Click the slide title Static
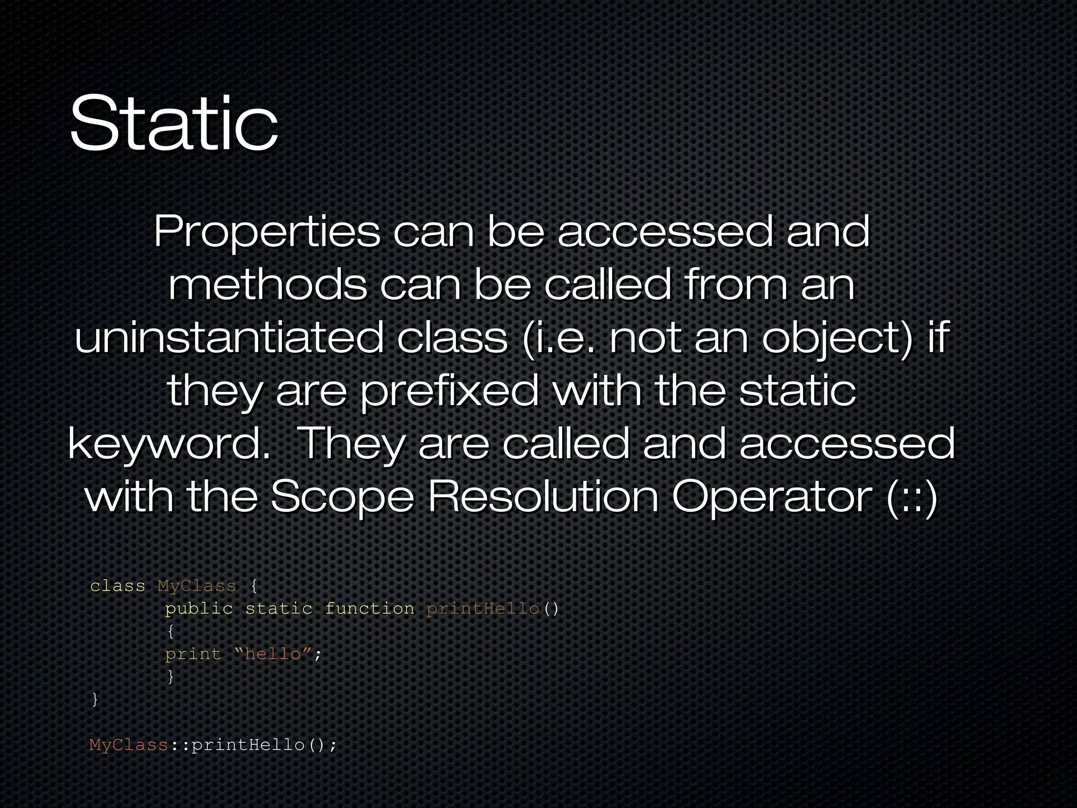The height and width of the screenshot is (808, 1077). click(174, 124)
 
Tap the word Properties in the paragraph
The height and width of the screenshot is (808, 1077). click(266, 233)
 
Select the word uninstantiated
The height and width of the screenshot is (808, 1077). click(229, 338)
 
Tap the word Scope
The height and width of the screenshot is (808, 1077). click(342, 497)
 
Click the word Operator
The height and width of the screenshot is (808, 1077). click(770, 497)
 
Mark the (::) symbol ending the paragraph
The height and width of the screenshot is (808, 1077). click(912, 498)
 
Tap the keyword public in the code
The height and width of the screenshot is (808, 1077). click(199, 609)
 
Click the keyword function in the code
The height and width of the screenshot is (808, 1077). click(369, 609)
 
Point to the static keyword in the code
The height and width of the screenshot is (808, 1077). click(279, 609)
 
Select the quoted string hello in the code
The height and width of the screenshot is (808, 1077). click(273, 654)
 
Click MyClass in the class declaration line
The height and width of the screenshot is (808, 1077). click(197, 586)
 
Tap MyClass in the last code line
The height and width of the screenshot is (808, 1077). click(129, 745)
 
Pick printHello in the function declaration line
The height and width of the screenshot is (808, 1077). click(483, 609)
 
